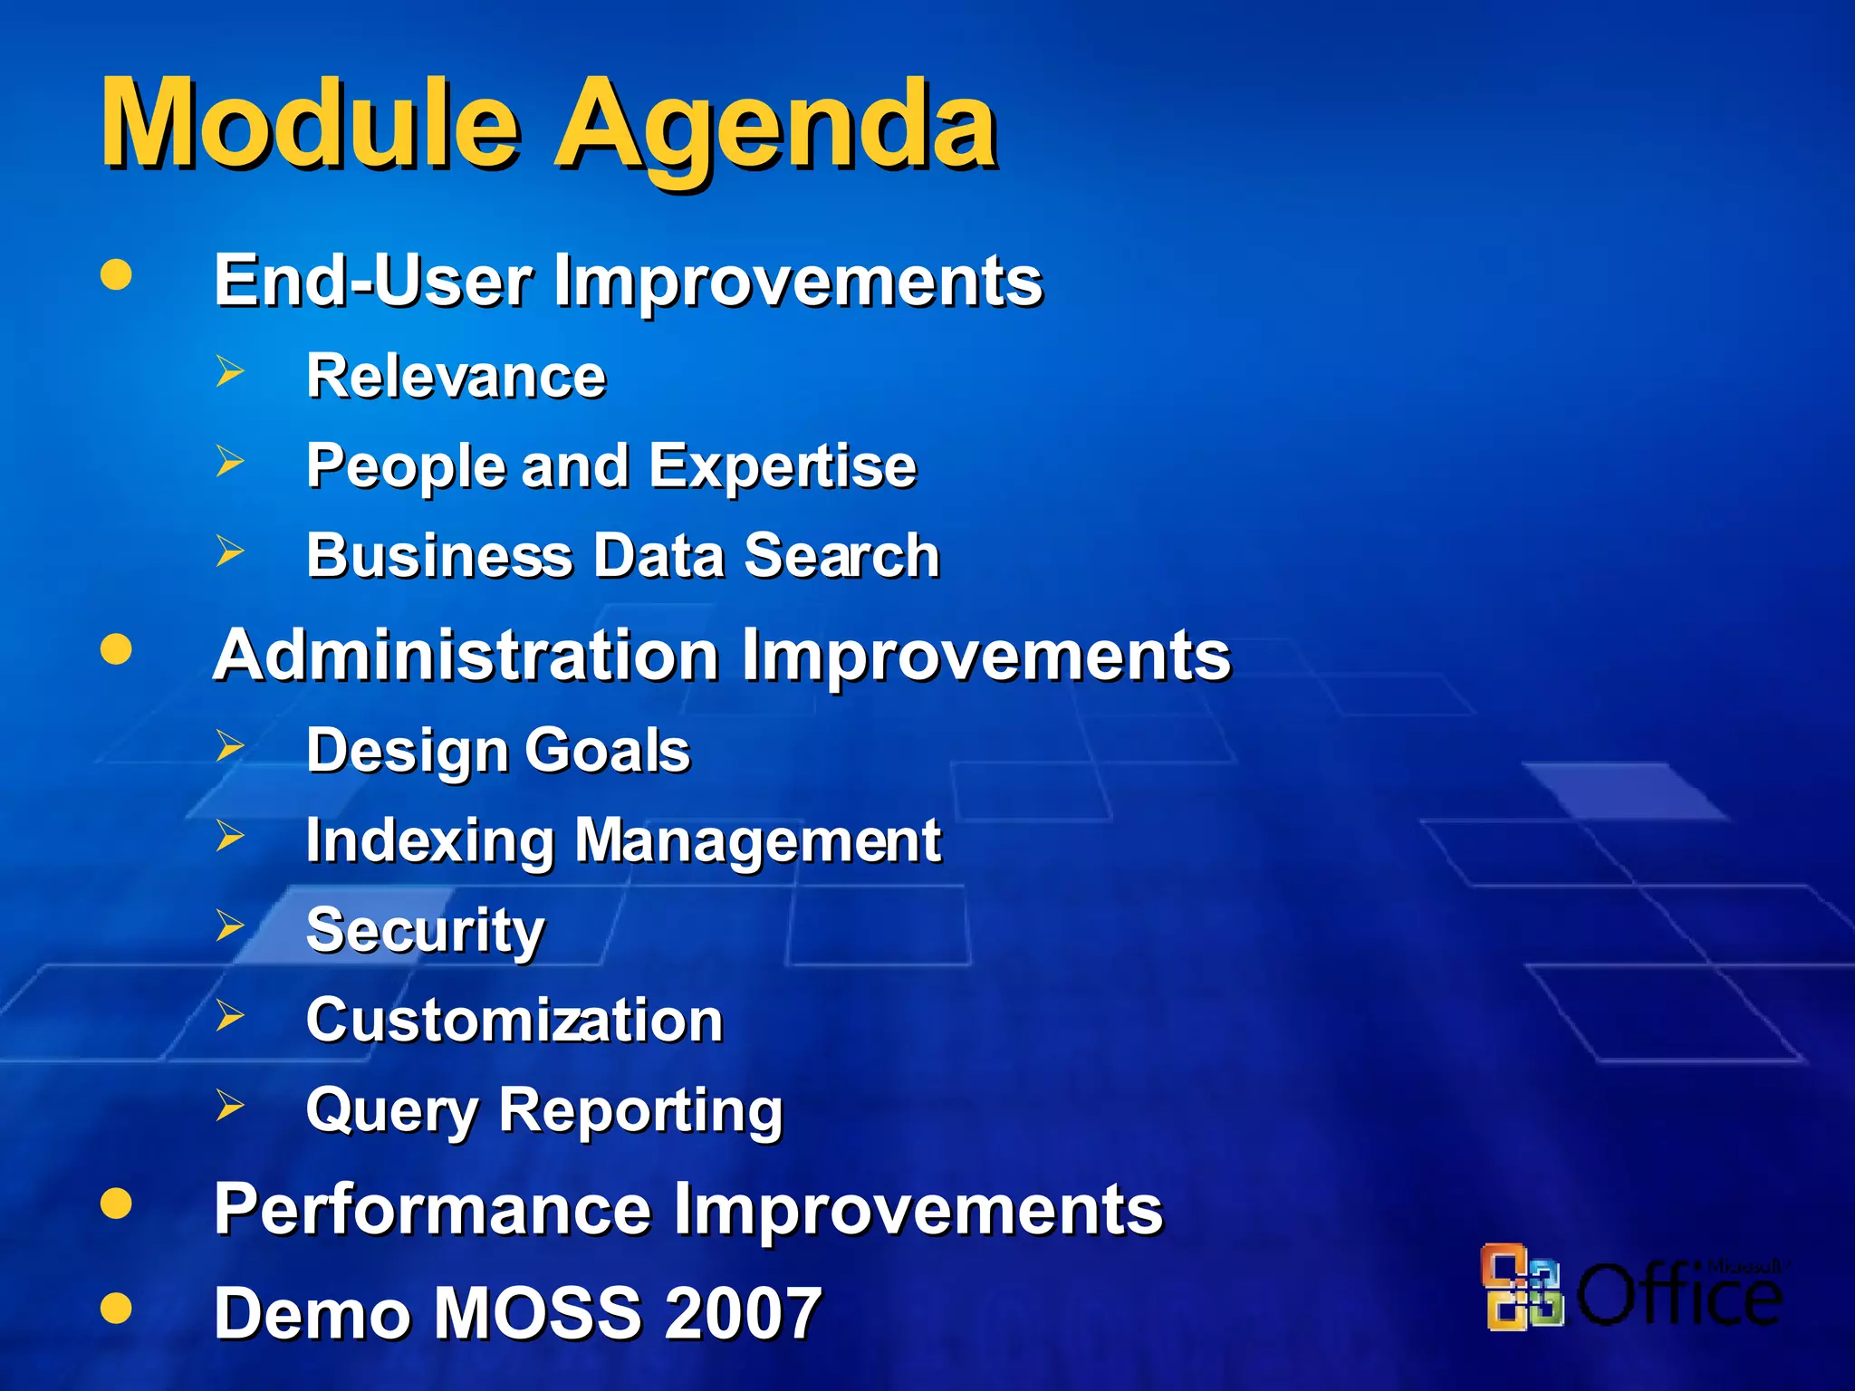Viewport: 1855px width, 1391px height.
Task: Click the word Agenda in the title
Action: [775, 127]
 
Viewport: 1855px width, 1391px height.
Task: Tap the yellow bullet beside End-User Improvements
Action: [116, 274]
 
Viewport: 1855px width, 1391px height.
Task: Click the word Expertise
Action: [782, 466]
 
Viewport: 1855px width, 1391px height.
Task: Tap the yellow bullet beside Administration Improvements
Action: [116, 648]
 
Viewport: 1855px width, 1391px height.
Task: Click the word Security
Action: [426, 930]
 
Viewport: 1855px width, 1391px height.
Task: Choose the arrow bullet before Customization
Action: [230, 1015]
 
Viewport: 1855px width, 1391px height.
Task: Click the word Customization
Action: [514, 1020]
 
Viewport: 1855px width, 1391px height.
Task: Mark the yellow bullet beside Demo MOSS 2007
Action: [116, 1307]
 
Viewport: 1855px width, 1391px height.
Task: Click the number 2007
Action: [743, 1312]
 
